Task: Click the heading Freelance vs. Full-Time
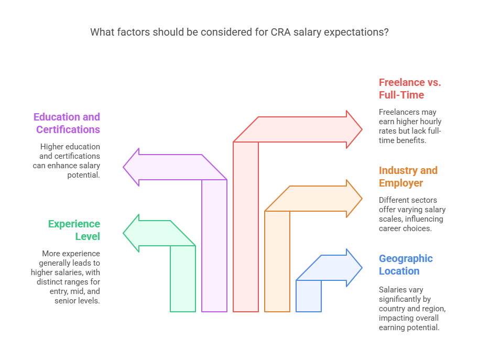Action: (x=410, y=89)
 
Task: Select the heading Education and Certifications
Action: (x=67, y=123)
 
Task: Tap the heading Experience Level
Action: (x=74, y=230)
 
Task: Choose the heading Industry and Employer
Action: (x=408, y=177)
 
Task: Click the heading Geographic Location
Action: (x=406, y=265)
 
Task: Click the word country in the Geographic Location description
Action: (x=392, y=309)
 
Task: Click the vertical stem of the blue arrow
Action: (x=309, y=296)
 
